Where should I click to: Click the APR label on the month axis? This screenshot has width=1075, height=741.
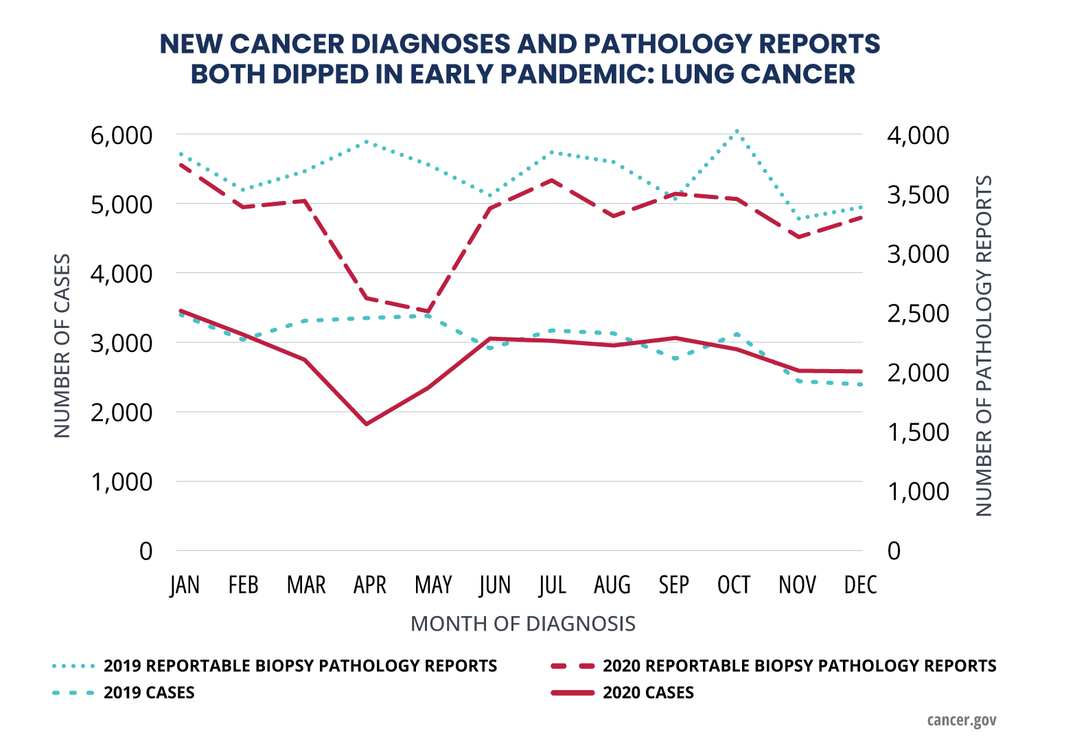369,585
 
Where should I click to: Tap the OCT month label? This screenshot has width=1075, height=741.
734,585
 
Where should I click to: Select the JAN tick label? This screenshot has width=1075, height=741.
185,585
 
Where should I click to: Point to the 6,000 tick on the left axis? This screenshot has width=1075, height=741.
121,135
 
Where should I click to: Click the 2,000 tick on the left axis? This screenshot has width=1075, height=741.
121,412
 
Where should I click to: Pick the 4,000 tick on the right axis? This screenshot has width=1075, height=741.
918,135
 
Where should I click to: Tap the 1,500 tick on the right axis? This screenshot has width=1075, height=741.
918,432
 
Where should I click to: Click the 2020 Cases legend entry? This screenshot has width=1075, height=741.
647,693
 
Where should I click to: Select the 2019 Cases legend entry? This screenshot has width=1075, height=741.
148,693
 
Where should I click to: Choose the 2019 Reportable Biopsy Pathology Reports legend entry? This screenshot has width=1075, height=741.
300,666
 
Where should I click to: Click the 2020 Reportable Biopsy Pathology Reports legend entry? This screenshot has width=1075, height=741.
799,666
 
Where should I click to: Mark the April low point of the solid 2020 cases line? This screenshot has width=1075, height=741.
367,424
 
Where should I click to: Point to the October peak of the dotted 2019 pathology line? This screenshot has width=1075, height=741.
737,130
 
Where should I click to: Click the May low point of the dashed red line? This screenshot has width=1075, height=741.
428,311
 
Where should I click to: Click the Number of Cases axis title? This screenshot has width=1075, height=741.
62,346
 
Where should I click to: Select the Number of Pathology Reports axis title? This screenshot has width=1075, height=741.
984,346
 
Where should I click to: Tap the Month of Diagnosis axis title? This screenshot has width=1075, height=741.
522,624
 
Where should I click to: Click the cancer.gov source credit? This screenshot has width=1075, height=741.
961,720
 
